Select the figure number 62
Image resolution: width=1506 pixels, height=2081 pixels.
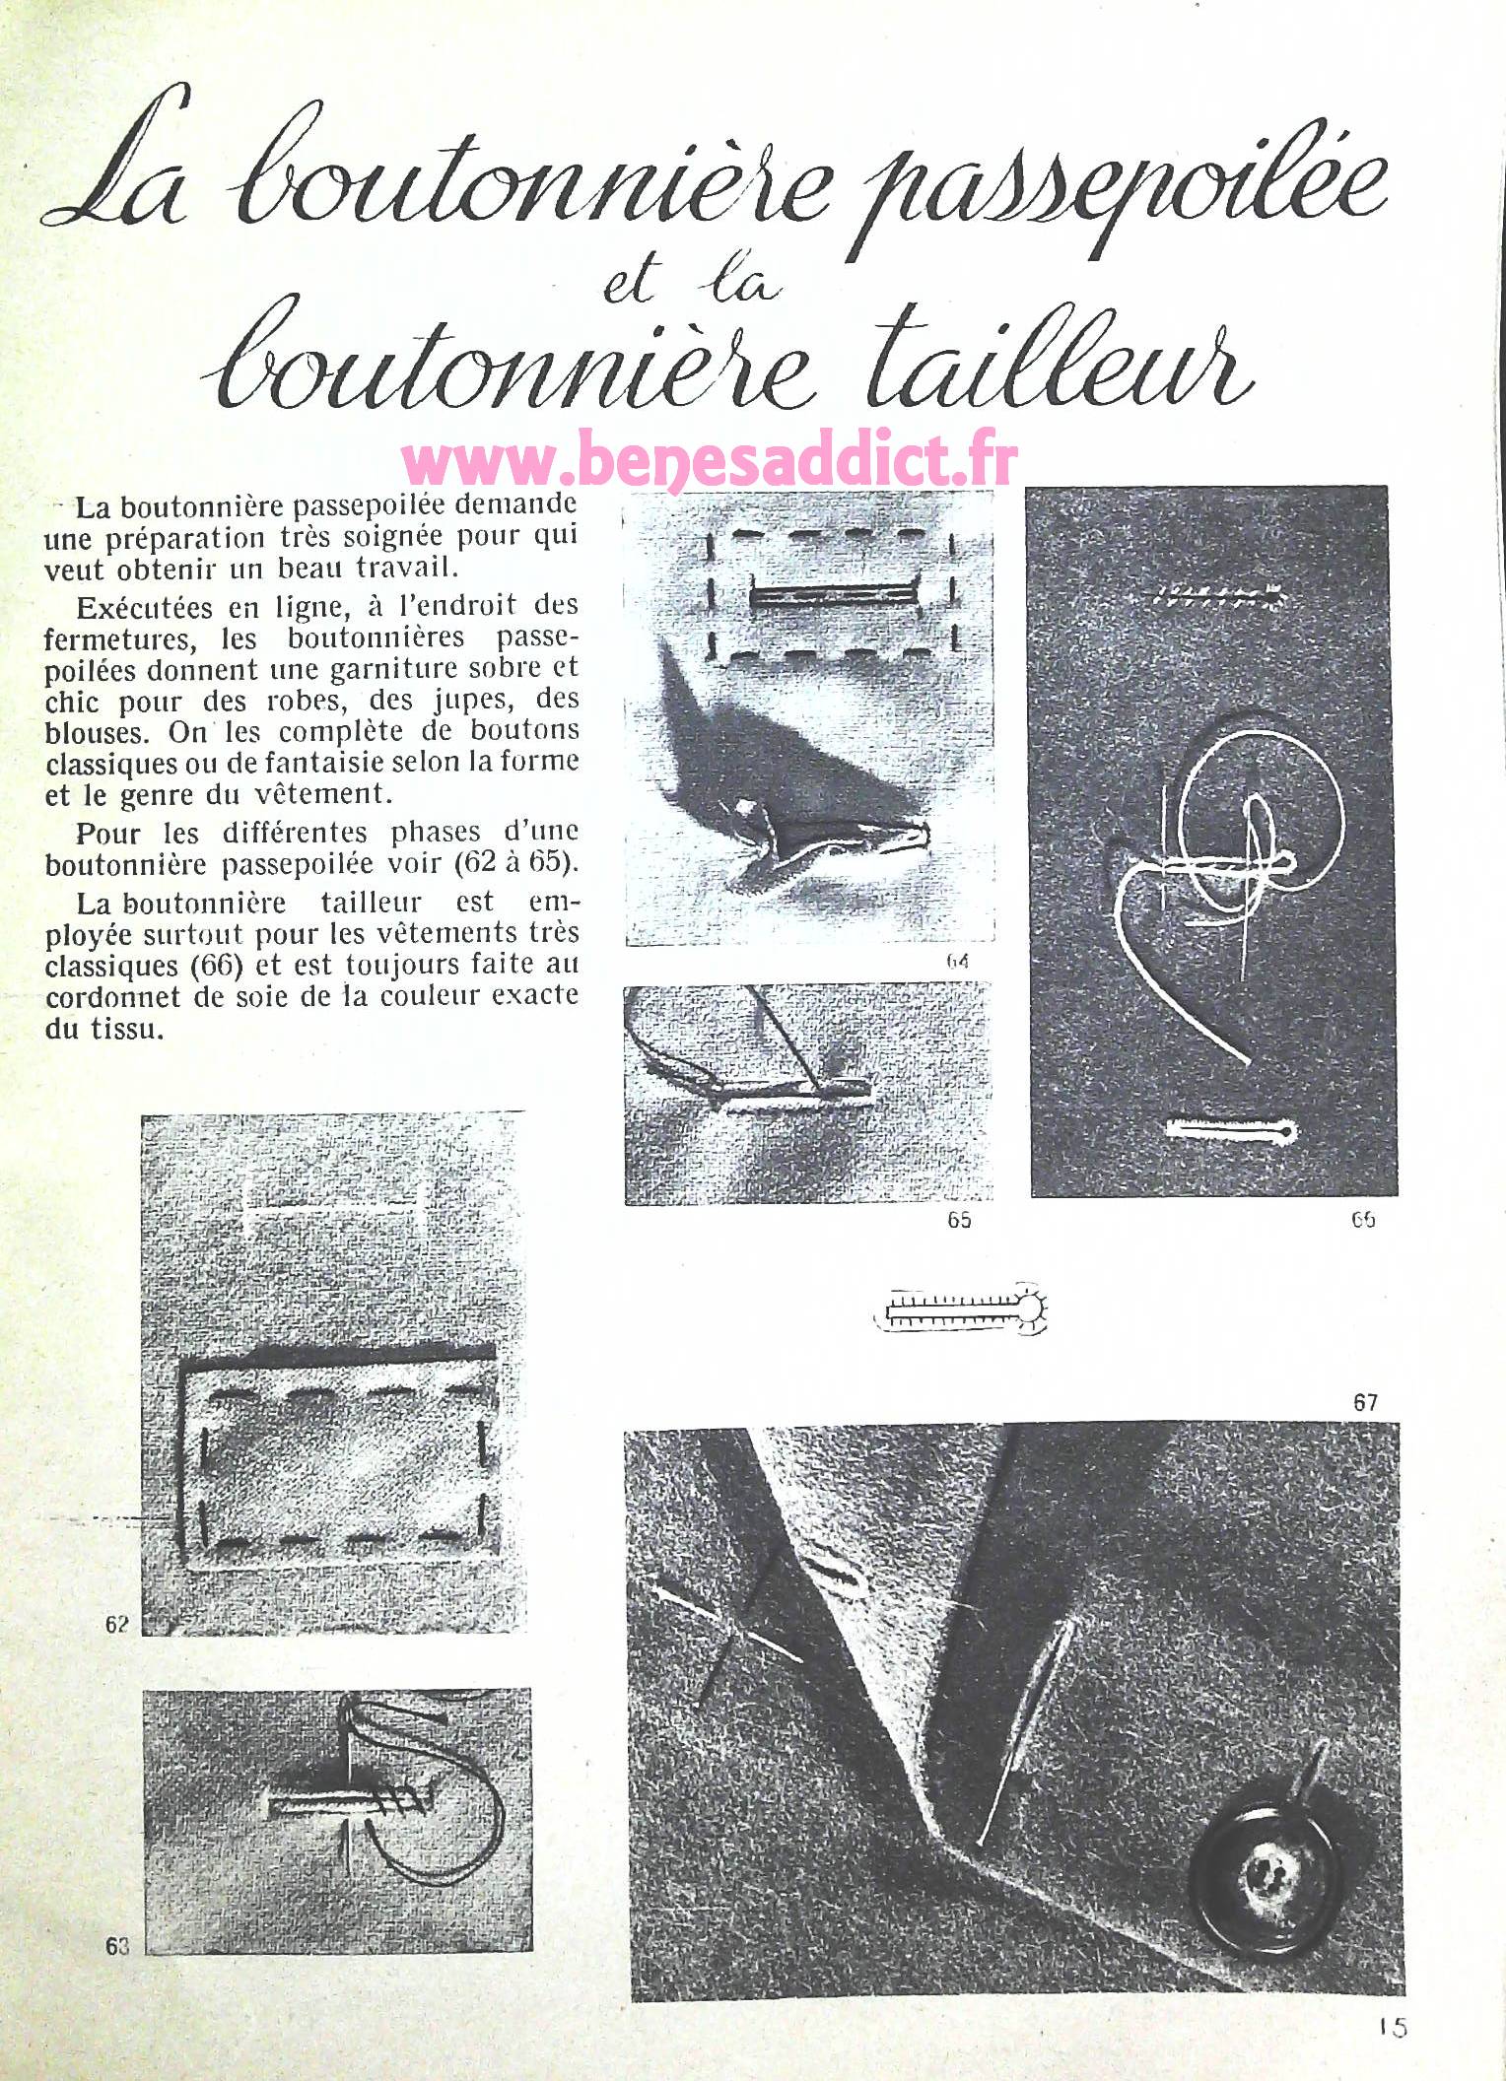117,1624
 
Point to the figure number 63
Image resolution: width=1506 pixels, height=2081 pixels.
117,1946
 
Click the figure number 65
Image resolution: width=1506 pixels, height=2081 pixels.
958,1220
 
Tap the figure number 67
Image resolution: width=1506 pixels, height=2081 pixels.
1365,1402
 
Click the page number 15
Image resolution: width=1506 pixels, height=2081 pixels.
1393,2028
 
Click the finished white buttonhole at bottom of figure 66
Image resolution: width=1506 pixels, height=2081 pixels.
1231,1131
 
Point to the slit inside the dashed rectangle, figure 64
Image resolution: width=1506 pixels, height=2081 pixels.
833,596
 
